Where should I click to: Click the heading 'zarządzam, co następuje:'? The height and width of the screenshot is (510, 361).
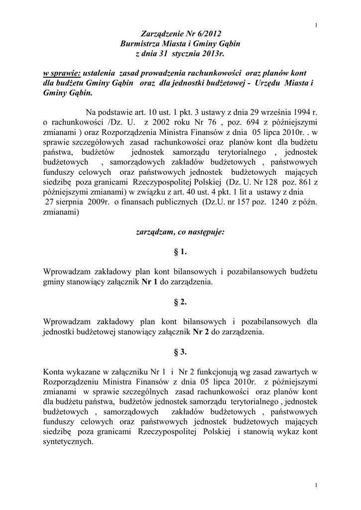pos(180,232)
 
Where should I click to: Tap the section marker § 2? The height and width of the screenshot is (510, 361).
pos(180,302)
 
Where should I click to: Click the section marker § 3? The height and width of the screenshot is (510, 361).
pos(180,352)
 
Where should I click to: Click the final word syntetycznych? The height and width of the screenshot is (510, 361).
pos(68,442)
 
